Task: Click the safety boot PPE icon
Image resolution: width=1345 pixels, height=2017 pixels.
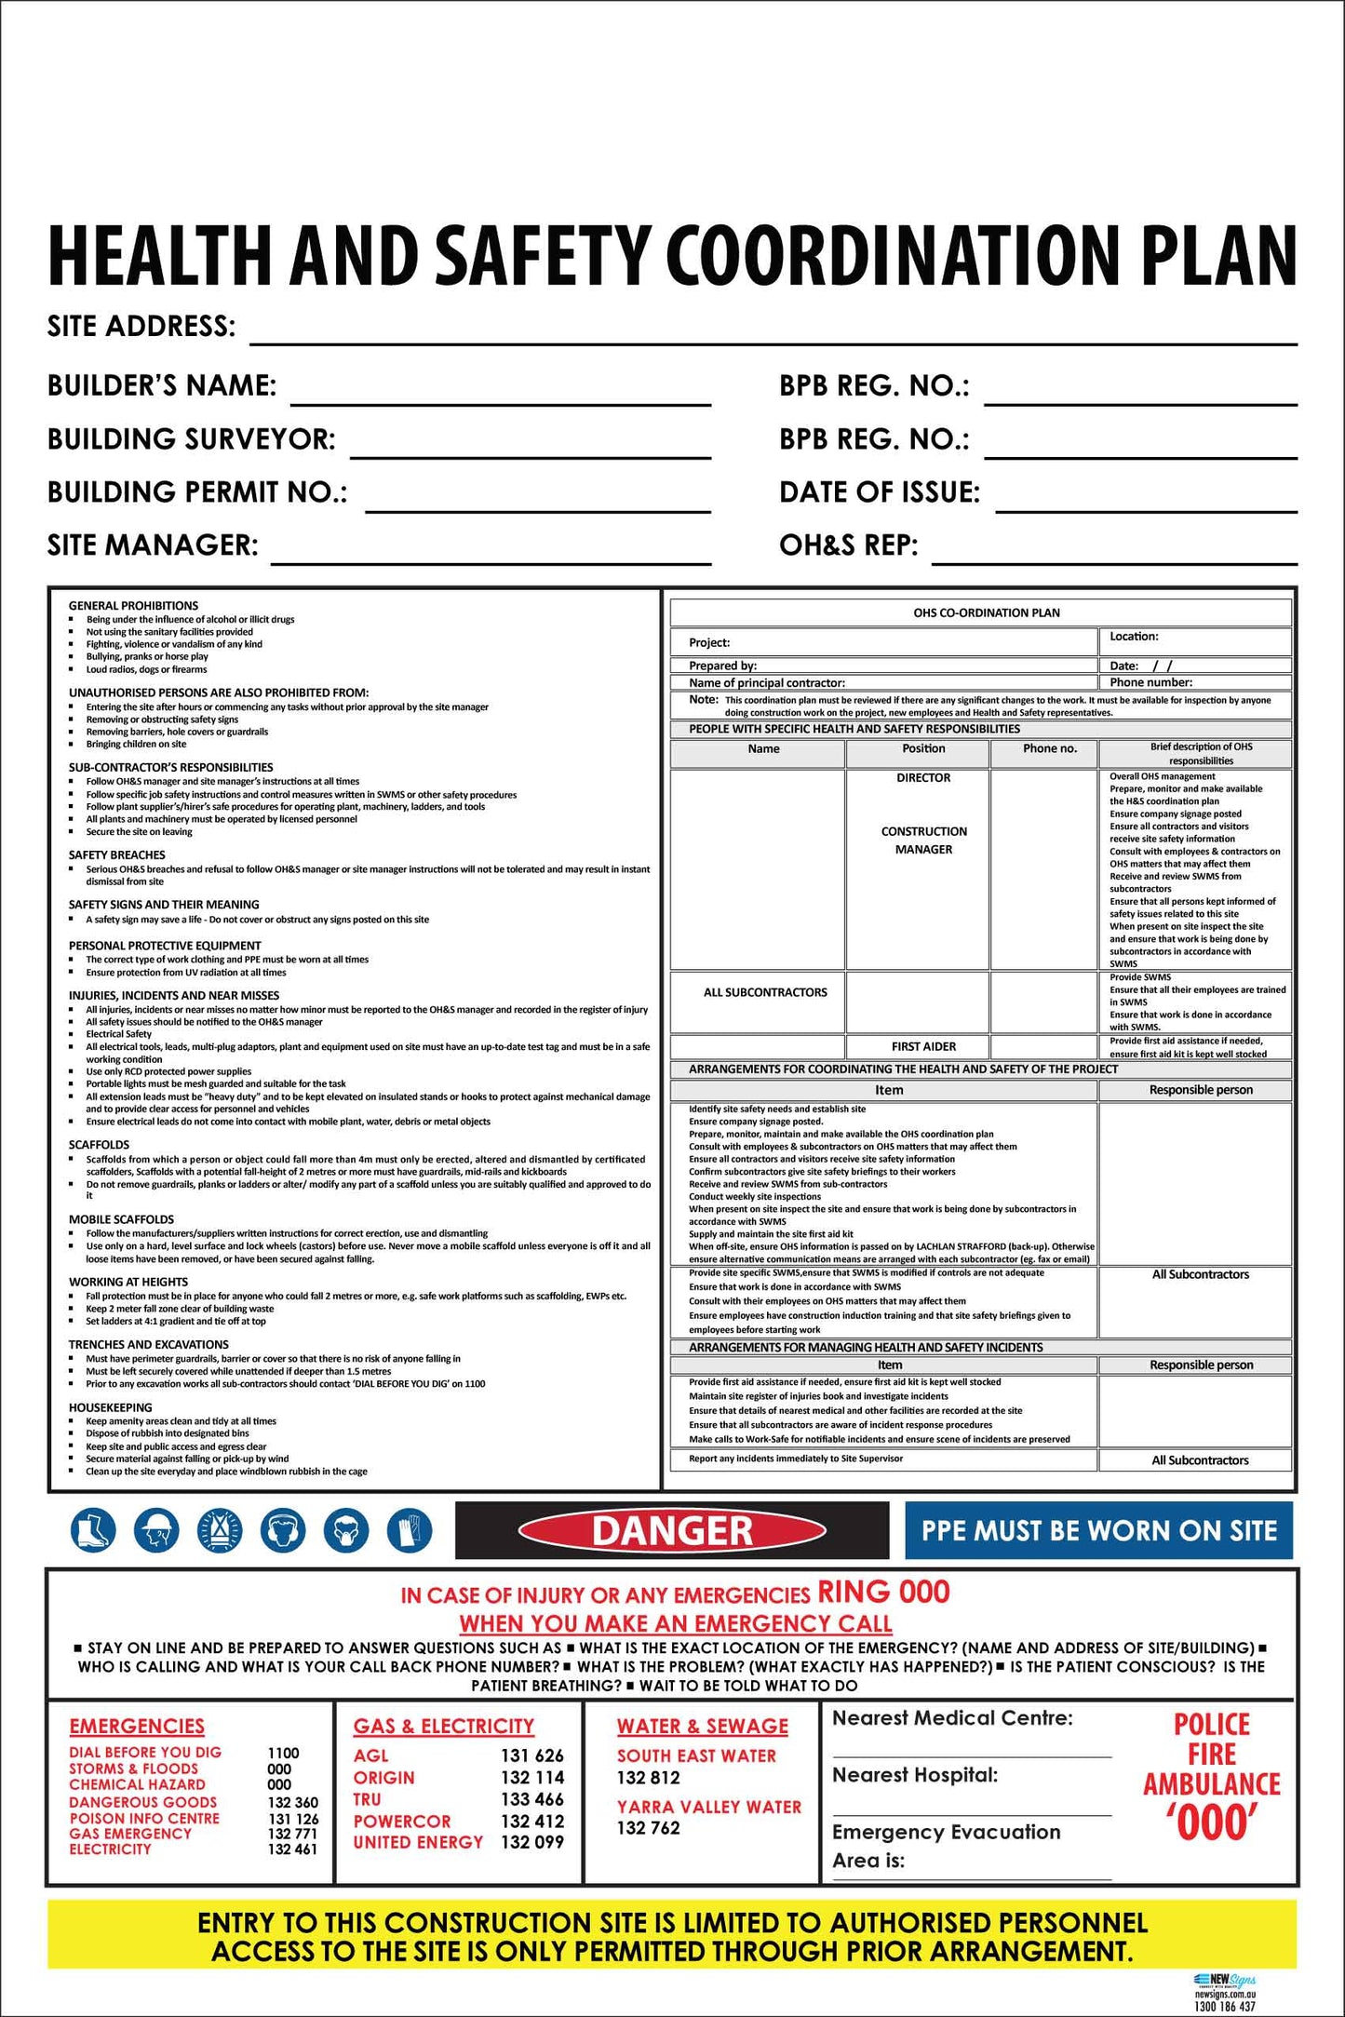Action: pos(93,1530)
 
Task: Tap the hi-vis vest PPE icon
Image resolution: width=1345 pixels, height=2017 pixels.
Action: pos(220,1530)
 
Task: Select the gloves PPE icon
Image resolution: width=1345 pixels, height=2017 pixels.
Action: pos(410,1530)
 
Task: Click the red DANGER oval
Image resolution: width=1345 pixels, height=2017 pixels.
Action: pos(672,1530)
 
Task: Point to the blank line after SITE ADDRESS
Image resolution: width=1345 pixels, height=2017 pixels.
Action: pos(773,337)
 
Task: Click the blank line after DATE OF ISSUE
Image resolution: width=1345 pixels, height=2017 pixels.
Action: pos(1146,504)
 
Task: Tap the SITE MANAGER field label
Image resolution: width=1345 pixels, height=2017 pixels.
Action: pos(153,545)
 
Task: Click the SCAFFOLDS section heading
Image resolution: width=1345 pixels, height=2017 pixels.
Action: pos(99,1145)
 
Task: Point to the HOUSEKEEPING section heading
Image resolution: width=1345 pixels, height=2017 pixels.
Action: pos(110,1407)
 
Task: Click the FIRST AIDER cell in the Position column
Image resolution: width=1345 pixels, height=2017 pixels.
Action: pos(923,1046)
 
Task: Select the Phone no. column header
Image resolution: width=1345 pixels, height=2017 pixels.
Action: pos(1049,748)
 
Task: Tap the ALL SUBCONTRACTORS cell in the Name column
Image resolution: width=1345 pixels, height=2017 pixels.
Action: pos(765,992)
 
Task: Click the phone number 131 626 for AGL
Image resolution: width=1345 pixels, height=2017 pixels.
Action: pos(532,1755)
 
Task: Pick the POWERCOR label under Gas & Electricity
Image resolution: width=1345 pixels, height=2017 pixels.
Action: pos(402,1821)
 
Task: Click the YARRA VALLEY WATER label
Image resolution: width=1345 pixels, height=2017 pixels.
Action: pos(708,1807)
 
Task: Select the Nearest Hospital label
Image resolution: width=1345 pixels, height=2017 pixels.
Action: pos(914,1775)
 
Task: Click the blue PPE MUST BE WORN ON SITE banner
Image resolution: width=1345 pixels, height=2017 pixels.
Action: pos(1098,1530)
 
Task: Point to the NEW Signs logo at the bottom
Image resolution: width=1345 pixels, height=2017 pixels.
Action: pos(1224,1980)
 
